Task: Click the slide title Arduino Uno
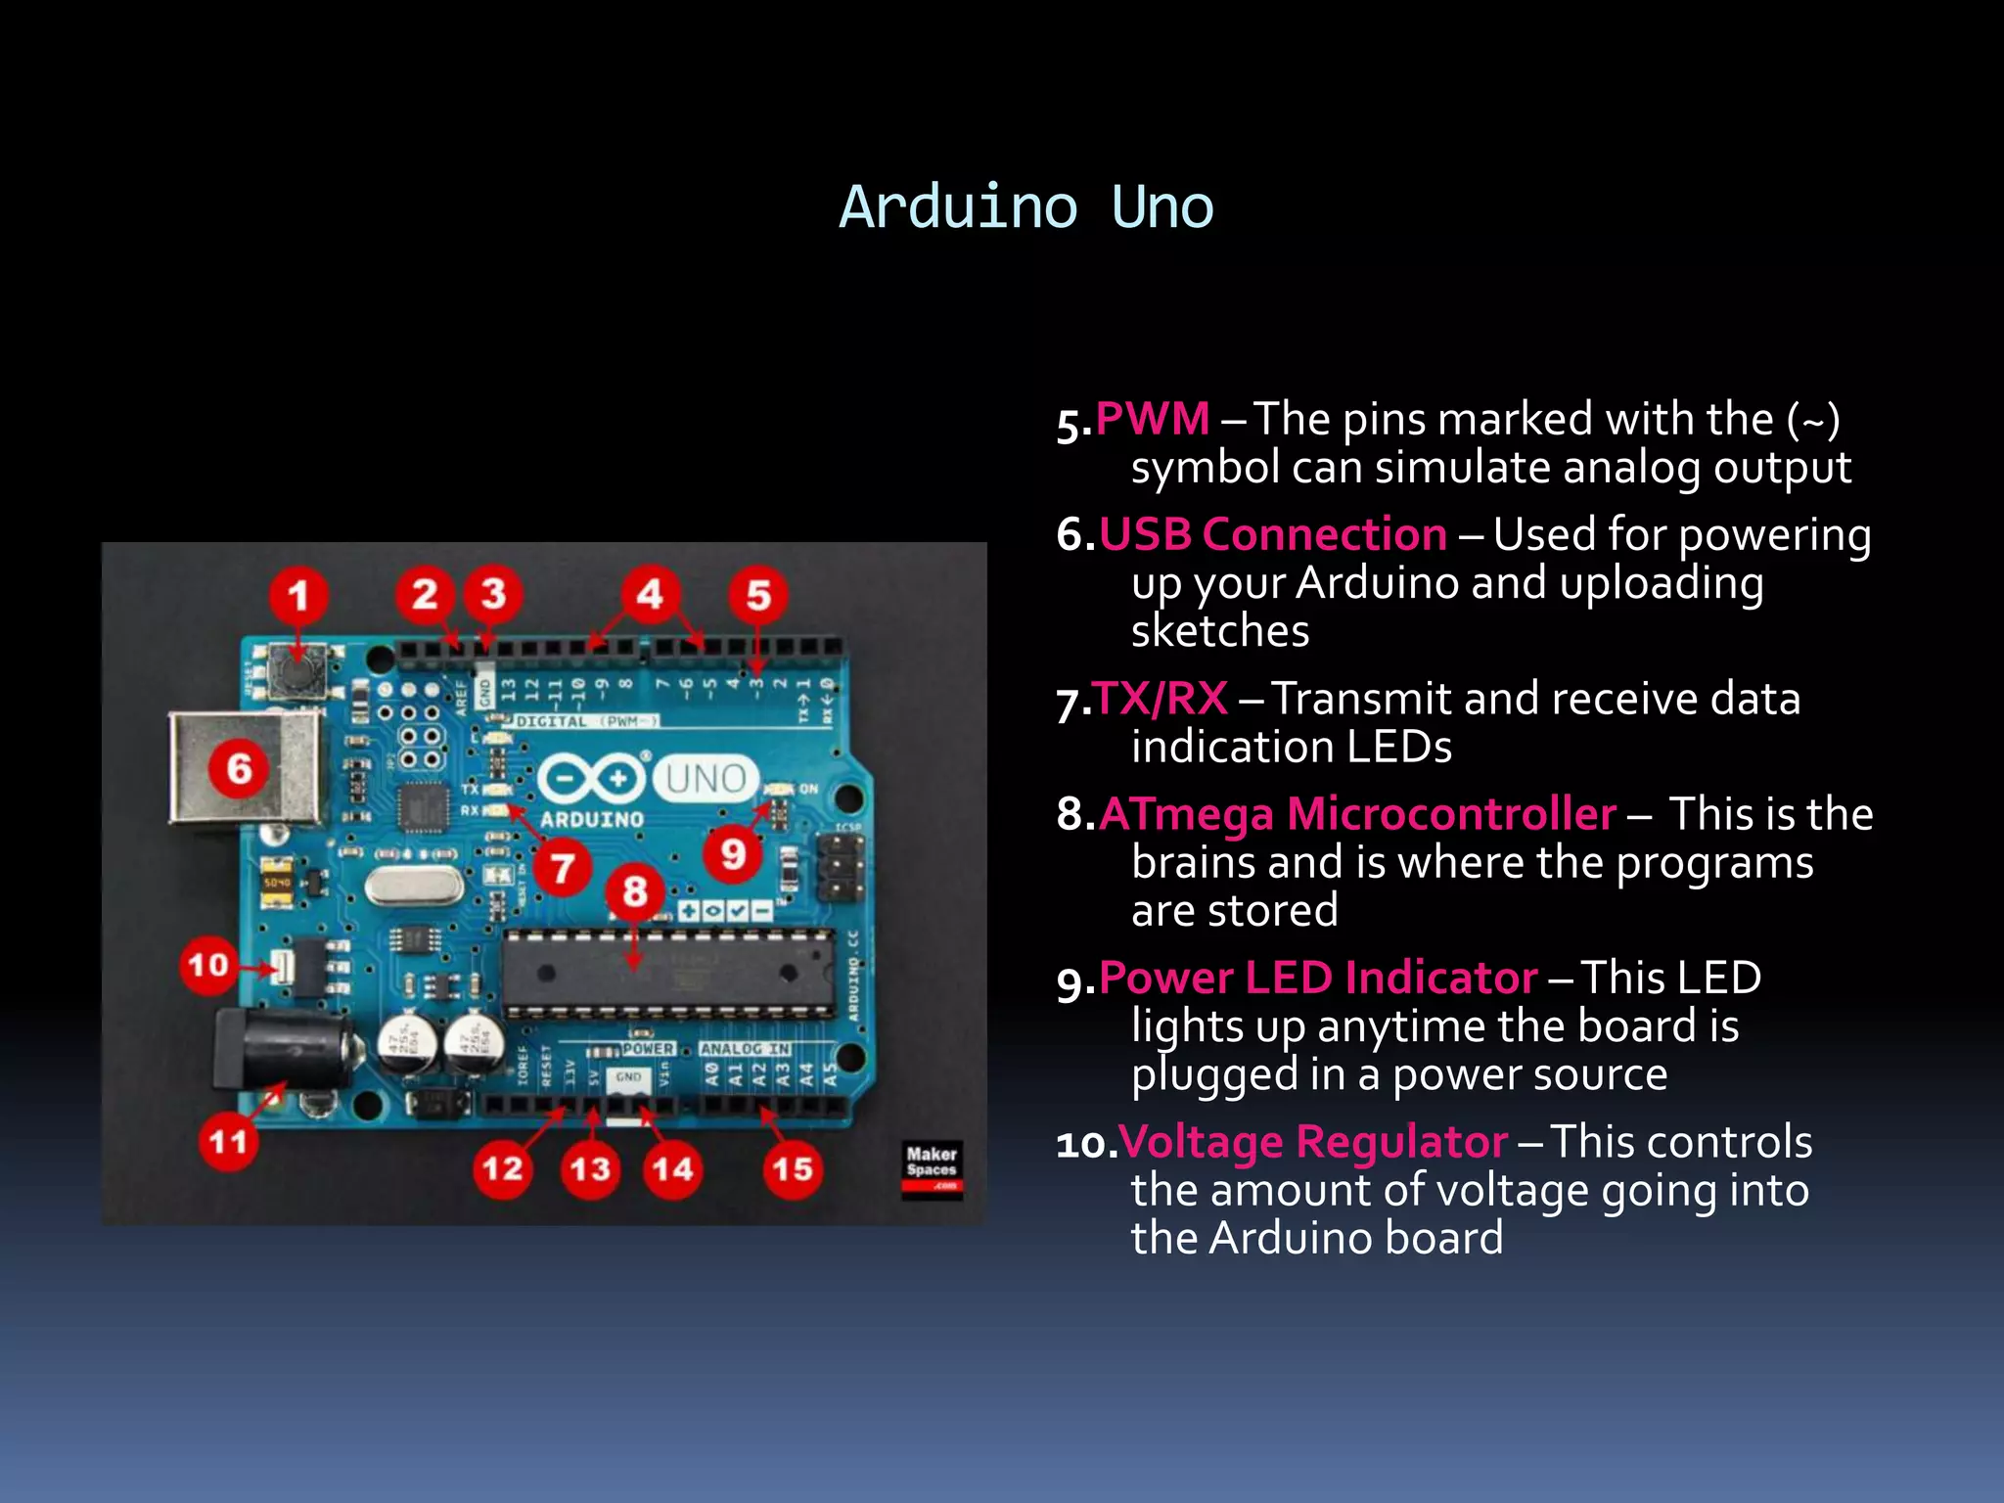point(1025,207)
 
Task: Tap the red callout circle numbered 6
point(240,769)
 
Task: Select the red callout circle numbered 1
point(298,596)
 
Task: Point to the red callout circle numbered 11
point(228,1141)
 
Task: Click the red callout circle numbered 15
point(792,1168)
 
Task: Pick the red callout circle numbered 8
point(635,891)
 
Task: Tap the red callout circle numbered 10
point(208,966)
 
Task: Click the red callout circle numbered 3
point(493,594)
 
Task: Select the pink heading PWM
point(1153,420)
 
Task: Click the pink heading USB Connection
point(1272,535)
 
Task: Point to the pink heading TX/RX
point(1161,700)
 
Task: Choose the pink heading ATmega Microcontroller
point(1356,814)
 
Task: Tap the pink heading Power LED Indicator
point(1317,979)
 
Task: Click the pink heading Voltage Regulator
point(1312,1142)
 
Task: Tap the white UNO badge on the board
point(706,779)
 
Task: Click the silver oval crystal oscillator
point(413,887)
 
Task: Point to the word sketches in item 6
point(1219,631)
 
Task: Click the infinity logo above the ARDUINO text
point(591,779)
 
